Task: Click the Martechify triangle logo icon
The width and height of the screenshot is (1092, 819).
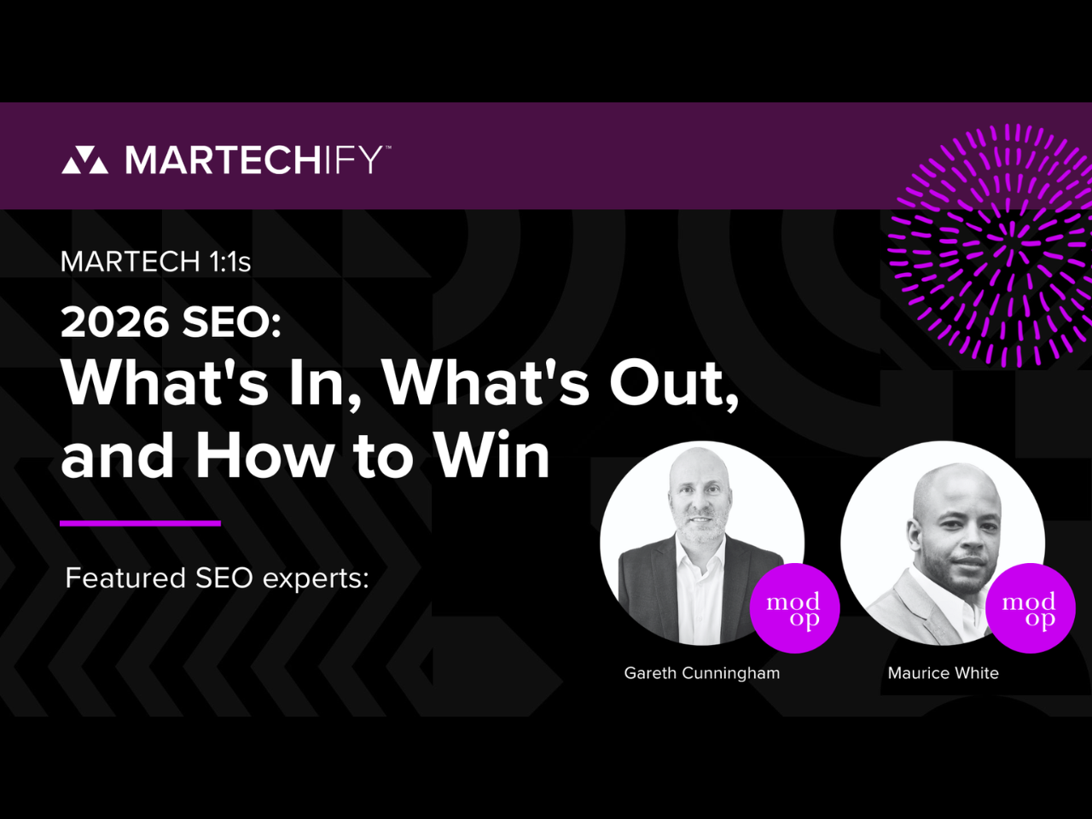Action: [x=84, y=160]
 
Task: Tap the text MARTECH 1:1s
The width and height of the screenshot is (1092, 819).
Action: [x=156, y=262]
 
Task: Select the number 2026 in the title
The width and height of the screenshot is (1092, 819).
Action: [x=115, y=322]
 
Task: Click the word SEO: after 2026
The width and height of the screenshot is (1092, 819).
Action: [x=232, y=322]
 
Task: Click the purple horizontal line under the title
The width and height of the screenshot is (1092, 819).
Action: [x=140, y=523]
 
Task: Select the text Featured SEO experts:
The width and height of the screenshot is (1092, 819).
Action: [x=218, y=578]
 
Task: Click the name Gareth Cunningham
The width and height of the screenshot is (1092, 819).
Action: [x=702, y=673]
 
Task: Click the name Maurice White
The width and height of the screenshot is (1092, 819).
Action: [x=944, y=673]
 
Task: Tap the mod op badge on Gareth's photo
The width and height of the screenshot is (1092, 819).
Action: [x=794, y=608]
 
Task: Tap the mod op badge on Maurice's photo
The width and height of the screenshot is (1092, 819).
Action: [x=1031, y=608]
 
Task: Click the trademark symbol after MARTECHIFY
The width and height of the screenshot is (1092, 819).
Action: [x=387, y=148]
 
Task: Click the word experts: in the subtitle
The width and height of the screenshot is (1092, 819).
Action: [x=316, y=578]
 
